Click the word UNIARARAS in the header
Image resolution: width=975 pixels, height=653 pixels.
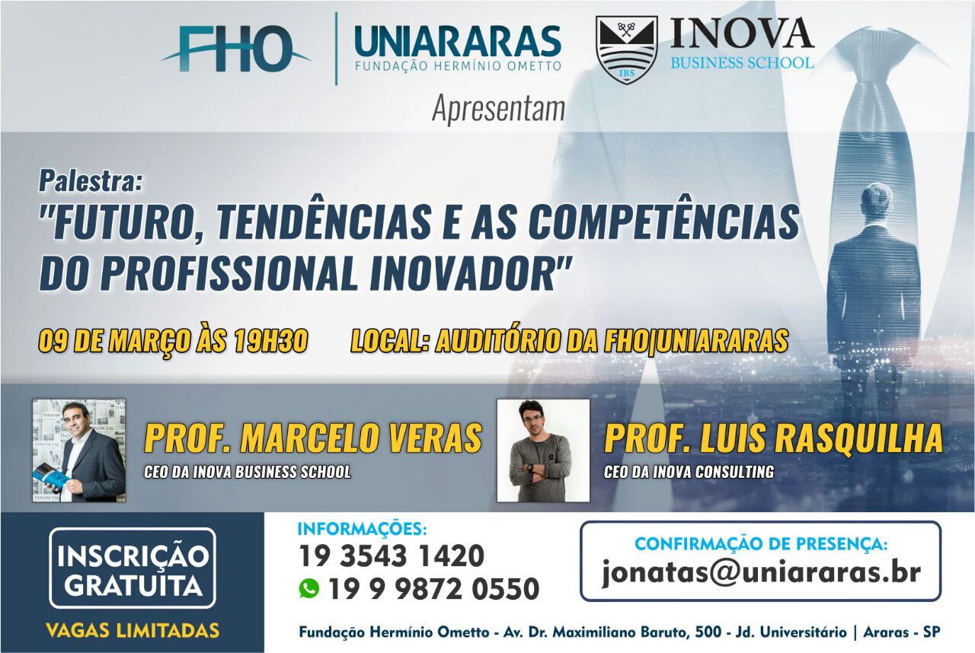tap(458, 42)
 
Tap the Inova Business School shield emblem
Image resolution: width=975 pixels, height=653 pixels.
tap(626, 50)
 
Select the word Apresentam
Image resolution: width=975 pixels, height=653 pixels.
tap(498, 109)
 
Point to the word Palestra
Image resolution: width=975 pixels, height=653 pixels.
tap(91, 181)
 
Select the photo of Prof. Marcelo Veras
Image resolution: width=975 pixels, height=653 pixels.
tap(79, 451)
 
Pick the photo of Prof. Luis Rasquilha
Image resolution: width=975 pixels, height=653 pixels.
tap(543, 451)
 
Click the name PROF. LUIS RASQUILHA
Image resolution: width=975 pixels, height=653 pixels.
tap(773, 438)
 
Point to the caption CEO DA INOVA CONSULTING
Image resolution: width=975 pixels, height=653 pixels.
tap(689, 472)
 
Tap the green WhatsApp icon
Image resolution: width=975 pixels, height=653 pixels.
tap(308, 588)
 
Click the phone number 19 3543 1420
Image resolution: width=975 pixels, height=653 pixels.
tap(392, 556)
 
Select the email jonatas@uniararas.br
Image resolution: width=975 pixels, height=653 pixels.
tap(761, 572)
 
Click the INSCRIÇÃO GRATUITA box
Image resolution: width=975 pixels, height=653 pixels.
tap(133, 568)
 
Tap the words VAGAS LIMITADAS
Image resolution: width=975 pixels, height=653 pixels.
tap(133, 630)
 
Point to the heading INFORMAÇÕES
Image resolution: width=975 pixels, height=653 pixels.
tap(362, 529)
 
